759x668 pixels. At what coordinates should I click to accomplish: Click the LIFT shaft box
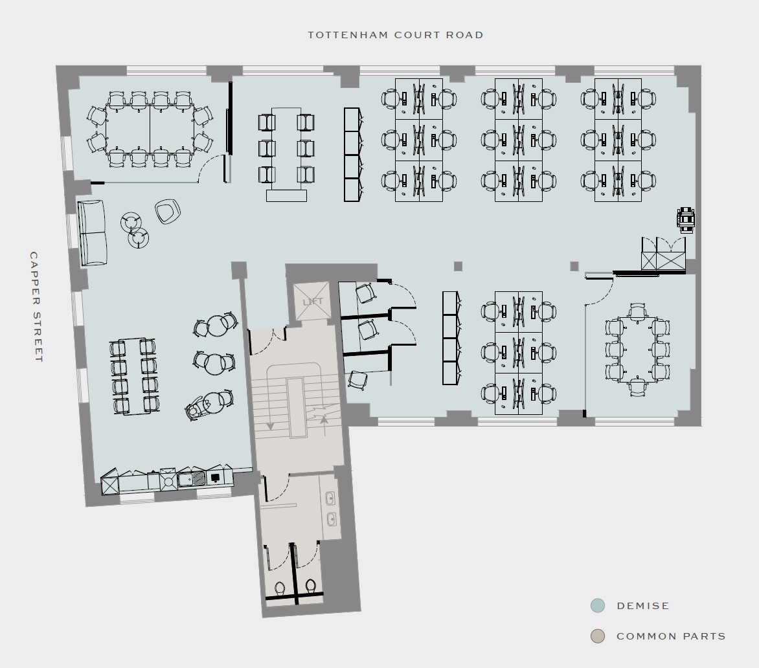pyautogui.click(x=312, y=302)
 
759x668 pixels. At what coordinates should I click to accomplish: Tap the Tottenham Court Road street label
pyautogui.click(x=396, y=35)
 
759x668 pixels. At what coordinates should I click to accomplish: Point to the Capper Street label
pyautogui.click(x=36, y=307)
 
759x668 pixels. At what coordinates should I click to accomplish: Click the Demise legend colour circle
pyautogui.click(x=598, y=606)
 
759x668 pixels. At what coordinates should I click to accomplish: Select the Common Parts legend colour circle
pyautogui.click(x=598, y=636)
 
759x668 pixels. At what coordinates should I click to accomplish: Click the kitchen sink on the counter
pyautogui.click(x=191, y=479)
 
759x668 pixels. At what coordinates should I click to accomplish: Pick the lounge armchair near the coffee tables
pyautogui.click(x=168, y=212)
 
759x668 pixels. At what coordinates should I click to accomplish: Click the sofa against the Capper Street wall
pyautogui.click(x=92, y=232)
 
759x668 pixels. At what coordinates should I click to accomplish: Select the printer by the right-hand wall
pyautogui.click(x=685, y=219)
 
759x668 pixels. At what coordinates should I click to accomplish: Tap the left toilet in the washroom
pyautogui.click(x=280, y=588)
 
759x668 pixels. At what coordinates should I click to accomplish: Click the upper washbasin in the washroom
pyautogui.click(x=330, y=498)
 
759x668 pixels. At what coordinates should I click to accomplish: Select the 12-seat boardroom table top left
pyautogui.click(x=150, y=129)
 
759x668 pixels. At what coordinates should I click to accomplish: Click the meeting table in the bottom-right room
pyautogui.click(x=637, y=350)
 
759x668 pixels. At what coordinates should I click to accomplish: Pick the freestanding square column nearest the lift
pyautogui.click(x=458, y=266)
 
